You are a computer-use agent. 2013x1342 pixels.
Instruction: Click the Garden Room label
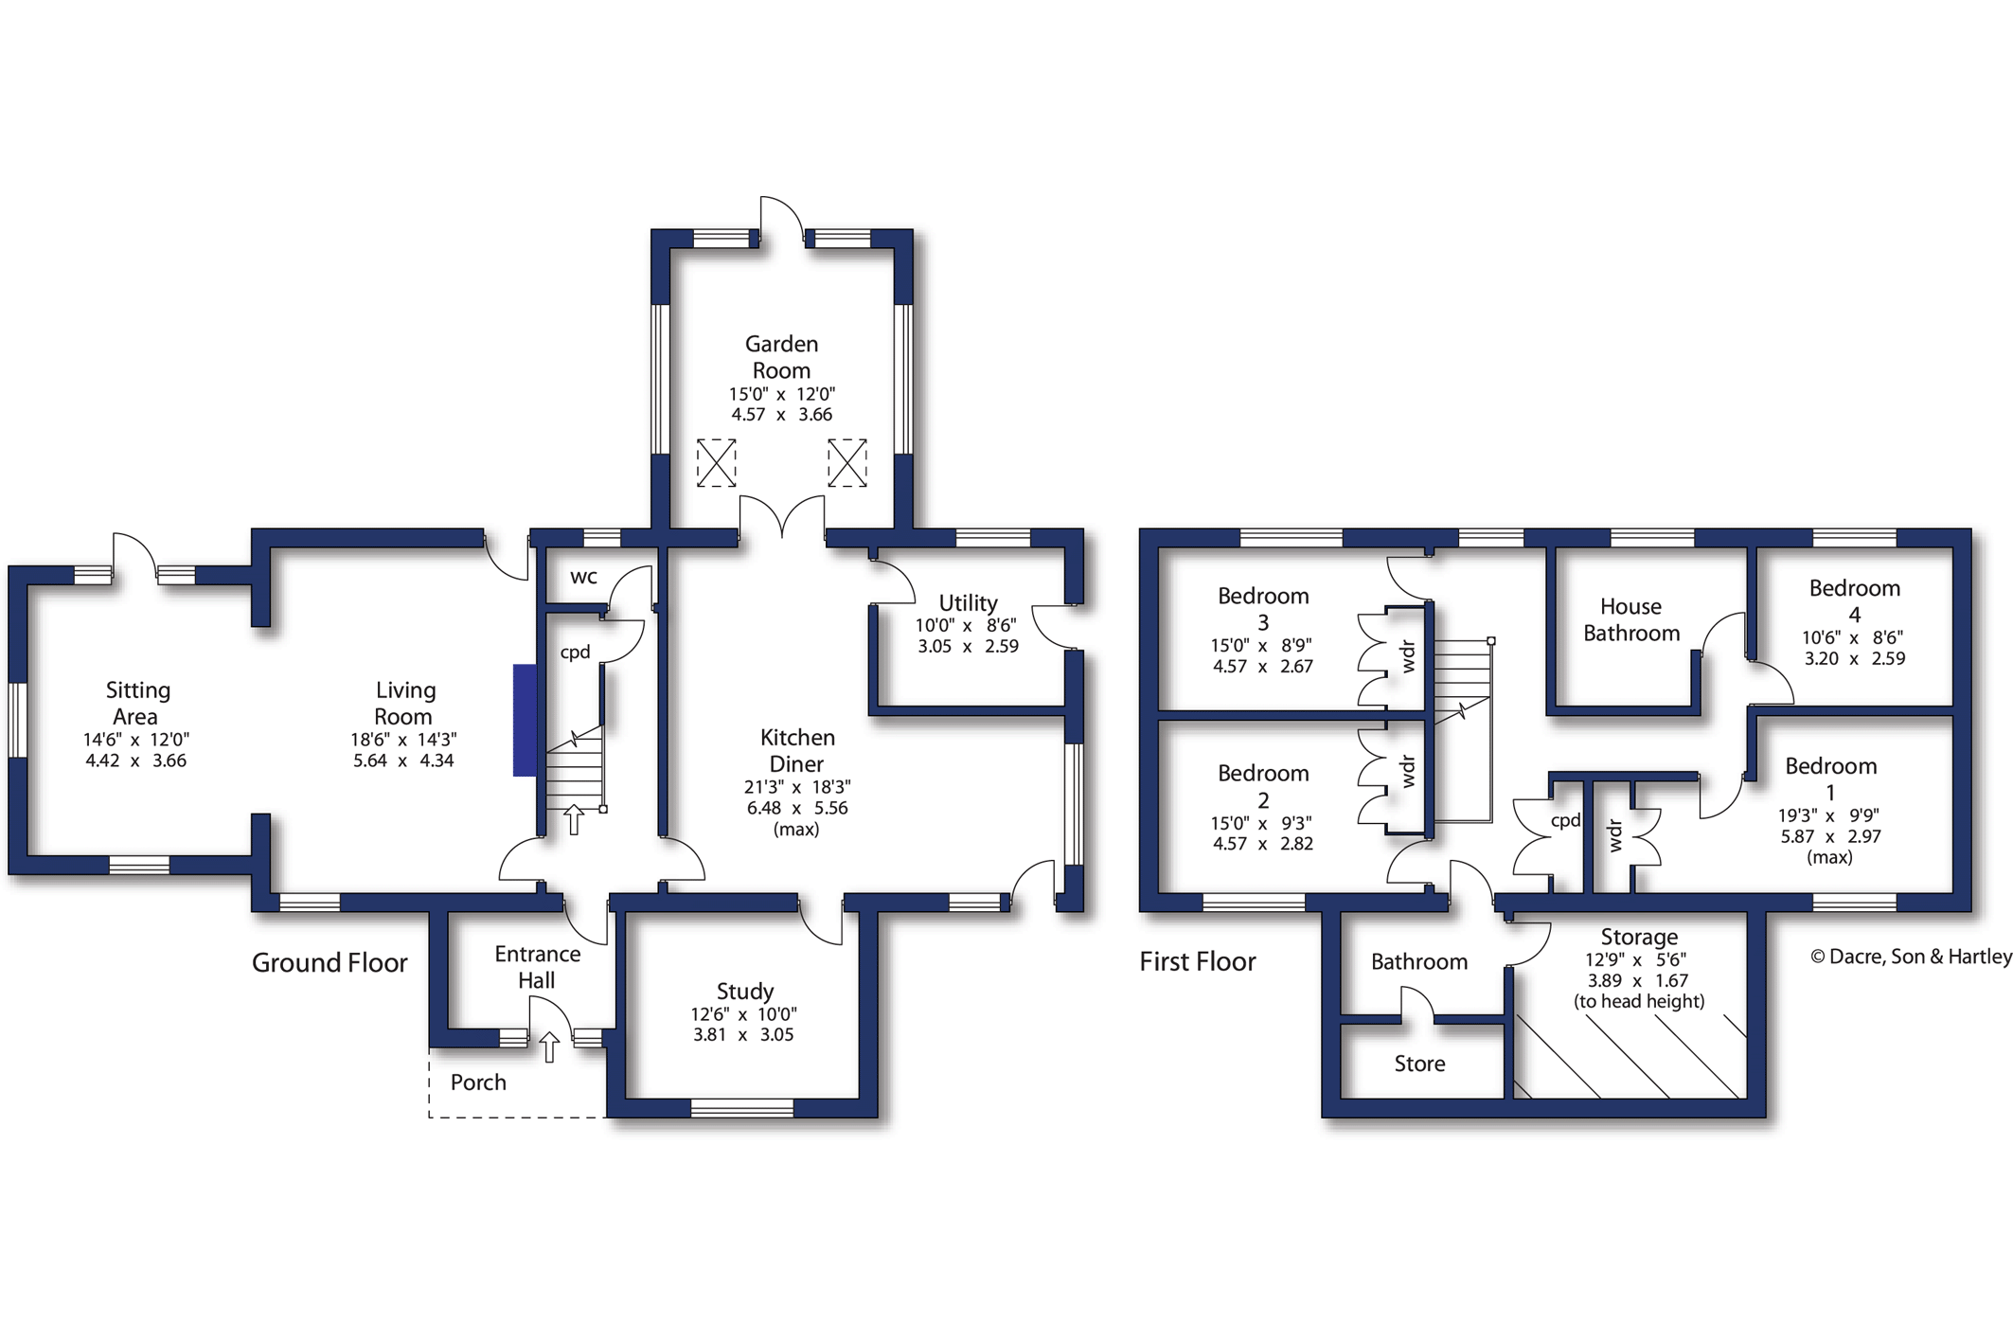point(781,357)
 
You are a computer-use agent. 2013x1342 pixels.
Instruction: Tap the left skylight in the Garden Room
point(716,463)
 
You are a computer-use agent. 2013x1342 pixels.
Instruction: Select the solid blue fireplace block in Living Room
point(525,721)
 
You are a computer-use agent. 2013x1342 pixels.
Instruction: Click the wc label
point(583,577)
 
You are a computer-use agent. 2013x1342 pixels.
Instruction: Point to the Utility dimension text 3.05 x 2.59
point(968,647)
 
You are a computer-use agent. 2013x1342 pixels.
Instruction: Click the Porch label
point(478,1083)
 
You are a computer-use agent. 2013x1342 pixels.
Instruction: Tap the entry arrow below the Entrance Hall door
point(549,1047)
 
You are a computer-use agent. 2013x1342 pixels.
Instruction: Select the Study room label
point(745,992)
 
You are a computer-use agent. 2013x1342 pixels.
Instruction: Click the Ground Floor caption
point(330,963)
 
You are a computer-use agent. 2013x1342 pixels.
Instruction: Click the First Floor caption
point(1197,962)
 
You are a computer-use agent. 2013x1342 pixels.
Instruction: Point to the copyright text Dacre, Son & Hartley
point(1911,957)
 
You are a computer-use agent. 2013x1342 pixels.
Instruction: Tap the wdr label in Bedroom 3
point(1408,656)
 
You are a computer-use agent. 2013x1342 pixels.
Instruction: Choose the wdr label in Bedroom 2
point(1408,771)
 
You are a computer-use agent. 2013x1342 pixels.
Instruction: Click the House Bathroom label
point(1630,620)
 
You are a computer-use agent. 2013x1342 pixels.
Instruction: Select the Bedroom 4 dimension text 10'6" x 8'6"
point(1853,638)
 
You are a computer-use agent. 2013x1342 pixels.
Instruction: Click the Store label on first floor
point(1419,1064)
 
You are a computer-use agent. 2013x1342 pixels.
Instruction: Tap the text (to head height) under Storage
point(1639,1001)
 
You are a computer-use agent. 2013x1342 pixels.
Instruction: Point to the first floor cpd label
point(1565,820)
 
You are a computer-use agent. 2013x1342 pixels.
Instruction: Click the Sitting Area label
point(137,703)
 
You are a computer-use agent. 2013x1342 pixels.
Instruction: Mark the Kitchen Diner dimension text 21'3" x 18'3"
point(796,787)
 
